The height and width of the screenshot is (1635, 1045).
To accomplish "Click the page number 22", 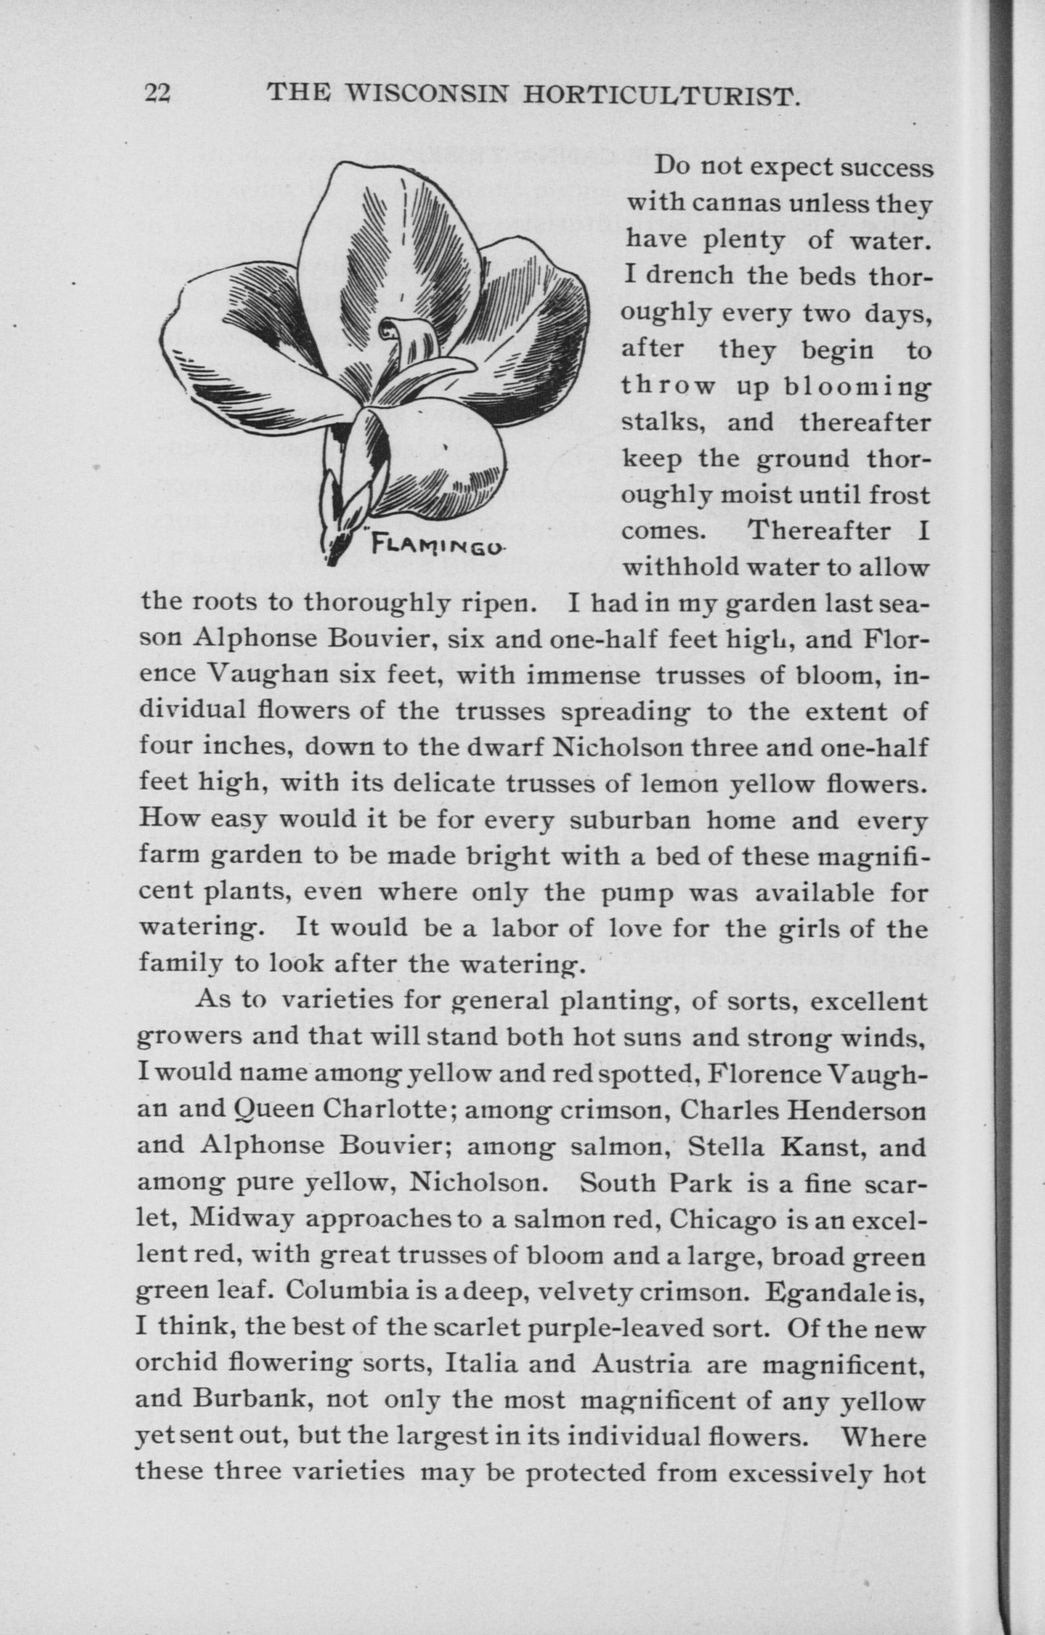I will point(159,94).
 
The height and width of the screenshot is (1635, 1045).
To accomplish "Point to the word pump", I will point(636,894).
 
